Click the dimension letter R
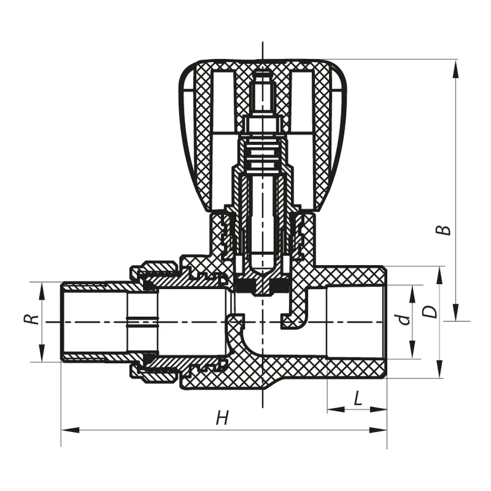point(34,318)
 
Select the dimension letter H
point(221,418)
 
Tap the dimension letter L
point(357,399)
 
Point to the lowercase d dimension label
point(404,319)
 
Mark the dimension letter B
point(446,230)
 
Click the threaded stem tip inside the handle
point(262,82)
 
